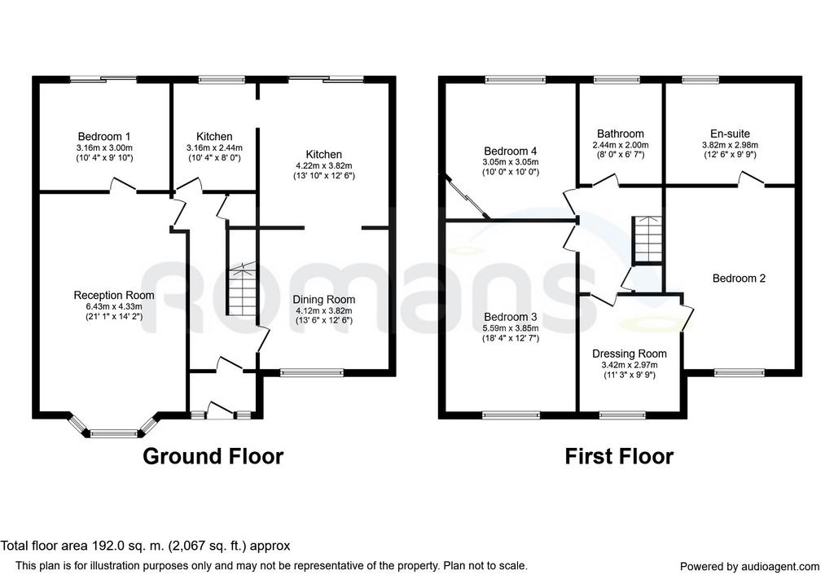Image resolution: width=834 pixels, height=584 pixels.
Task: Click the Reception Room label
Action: (x=114, y=295)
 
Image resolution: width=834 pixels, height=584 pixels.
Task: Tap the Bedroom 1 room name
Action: (x=103, y=137)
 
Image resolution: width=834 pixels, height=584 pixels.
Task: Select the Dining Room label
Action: (x=324, y=300)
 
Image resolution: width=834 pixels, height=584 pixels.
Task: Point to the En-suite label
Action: (x=730, y=134)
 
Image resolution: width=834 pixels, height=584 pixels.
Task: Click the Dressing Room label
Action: (x=630, y=353)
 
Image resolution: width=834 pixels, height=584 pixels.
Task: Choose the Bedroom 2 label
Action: (x=739, y=279)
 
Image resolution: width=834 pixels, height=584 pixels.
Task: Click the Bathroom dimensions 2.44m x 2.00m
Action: (x=620, y=145)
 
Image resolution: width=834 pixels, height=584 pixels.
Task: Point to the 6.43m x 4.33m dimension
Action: (x=114, y=307)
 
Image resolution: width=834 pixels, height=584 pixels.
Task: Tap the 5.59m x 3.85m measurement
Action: (x=511, y=328)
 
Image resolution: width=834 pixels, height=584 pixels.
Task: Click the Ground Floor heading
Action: (x=213, y=456)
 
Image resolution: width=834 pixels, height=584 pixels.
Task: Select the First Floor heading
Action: (x=619, y=456)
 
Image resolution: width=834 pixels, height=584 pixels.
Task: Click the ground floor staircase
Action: (x=243, y=289)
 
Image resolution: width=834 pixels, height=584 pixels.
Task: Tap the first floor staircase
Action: (x=647, y=239)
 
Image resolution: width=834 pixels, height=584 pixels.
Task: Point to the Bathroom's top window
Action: (x=617, y=80)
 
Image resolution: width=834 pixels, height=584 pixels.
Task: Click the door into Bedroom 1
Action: (x=124, y=185)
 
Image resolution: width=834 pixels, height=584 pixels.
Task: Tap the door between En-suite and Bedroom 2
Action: (x=750, y=179)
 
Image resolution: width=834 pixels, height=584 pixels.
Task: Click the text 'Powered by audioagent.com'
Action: (x=749, y=567)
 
